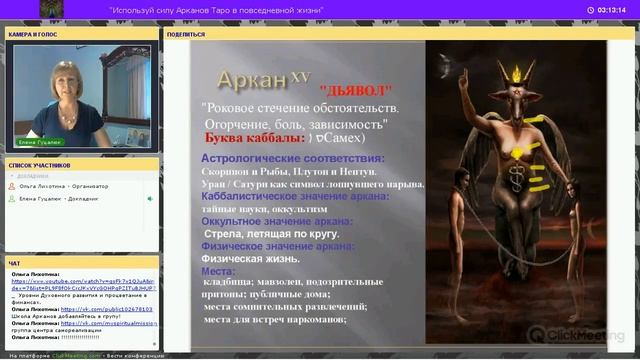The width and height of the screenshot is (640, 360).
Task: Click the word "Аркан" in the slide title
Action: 251,80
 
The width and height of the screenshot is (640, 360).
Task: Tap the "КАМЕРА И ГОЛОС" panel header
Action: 34,34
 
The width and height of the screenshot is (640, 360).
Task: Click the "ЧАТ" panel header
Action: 14,263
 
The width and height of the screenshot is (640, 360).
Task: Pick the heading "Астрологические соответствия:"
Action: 292,158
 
